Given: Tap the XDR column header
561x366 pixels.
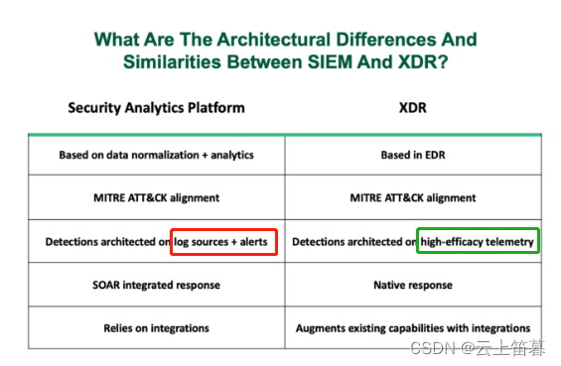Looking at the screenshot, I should pyautogui.click(x=412, y=108).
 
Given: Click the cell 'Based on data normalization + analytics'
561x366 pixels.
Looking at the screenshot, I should pyautogui.click(x=156, y=154).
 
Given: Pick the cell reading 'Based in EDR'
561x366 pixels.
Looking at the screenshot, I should pyautogui.click(x=412, y=154).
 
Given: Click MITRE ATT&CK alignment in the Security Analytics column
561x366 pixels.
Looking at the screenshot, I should pyautogui.click(x=156, y=197).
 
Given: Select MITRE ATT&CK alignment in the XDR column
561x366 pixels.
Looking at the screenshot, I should pyautogui.click(x=412, y=197).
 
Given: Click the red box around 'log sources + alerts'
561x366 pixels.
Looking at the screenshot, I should pyautogui.click(x=223, y=241).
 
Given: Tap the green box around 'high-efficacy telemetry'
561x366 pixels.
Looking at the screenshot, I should pyautogui.click(x=478, y=241).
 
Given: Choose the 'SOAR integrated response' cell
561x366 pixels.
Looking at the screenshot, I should pyautogui.click(x=156, y=285).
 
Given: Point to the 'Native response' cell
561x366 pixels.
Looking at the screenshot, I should pyautogui.click(x=412, y=285).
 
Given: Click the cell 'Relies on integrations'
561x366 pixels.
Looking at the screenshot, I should pyautogui.click(x=156, y=327).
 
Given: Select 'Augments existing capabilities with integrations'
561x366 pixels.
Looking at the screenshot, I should pyautogui.click(x=412, y=327).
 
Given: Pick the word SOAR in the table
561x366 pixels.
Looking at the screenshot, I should pyautogui.click(x=109, y=285).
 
